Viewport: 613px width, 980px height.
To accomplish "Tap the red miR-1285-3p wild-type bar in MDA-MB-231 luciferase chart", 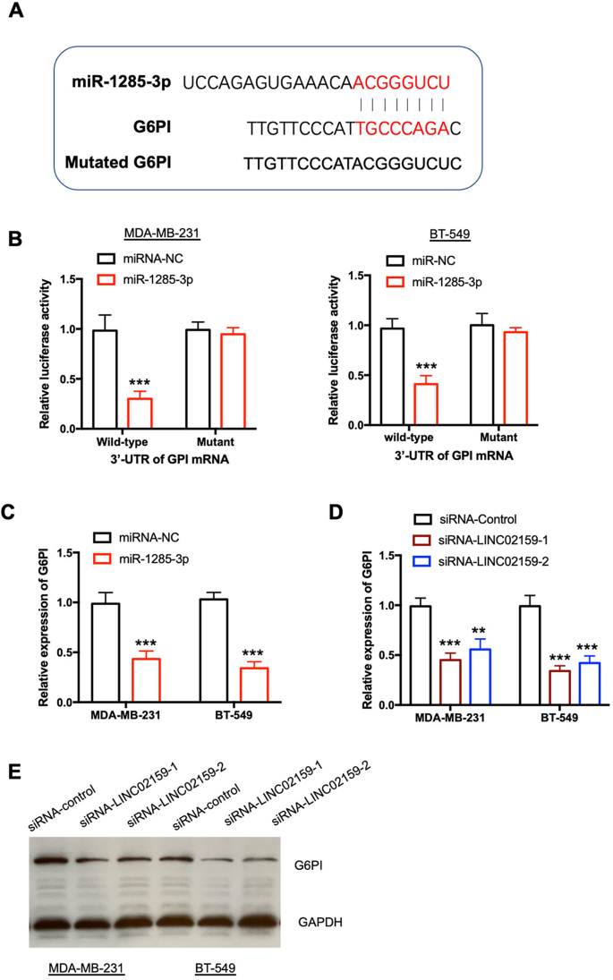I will [139, 413].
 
